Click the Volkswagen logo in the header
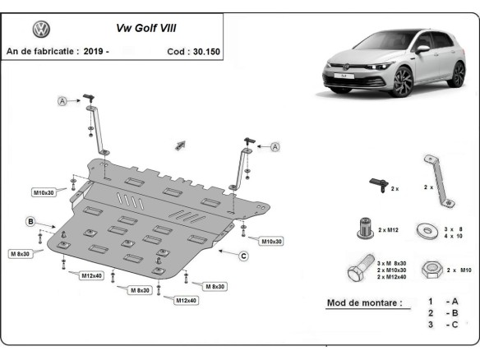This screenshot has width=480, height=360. click(x=41, y=30)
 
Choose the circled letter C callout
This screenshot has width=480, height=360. click(x=243, y=256)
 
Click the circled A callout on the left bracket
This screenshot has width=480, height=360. click(x=62, y=101)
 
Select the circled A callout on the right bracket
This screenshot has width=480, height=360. click(x=275, y=146)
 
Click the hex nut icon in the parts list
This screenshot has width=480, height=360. click(x=428, y=270)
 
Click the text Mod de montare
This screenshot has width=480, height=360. click(x=364, y=302)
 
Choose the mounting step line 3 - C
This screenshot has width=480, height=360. click(x=441, y=325)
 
